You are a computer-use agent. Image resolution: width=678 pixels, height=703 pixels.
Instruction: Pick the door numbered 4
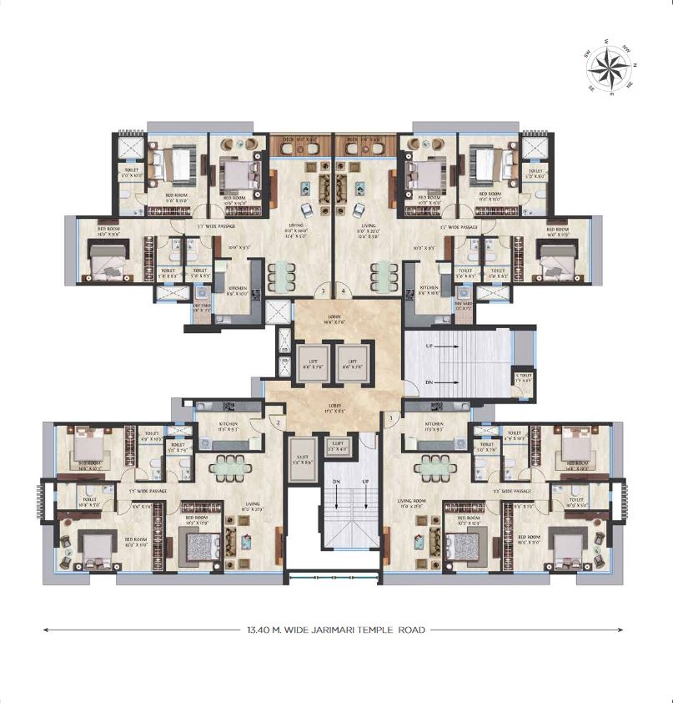point(344,291)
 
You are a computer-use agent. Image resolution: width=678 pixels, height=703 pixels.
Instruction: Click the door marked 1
point(390,417)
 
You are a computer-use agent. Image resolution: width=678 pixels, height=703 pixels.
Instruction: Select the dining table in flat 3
point(280,277)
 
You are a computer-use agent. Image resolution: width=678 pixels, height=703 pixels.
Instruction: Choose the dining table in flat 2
point(226,467)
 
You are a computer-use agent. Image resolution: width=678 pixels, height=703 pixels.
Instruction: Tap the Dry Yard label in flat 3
point(202,307)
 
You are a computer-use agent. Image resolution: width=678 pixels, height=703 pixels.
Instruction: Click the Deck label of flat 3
point(298,139)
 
